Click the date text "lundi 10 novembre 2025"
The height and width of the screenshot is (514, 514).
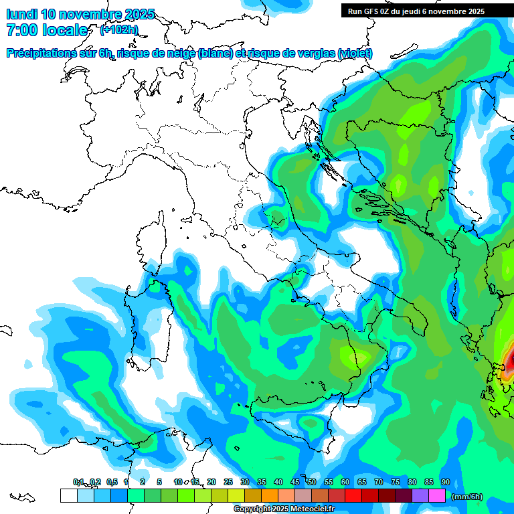tap(80, 14)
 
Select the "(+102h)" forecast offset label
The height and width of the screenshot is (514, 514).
tap(119, 30)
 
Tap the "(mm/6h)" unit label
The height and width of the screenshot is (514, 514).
tap(466, 497)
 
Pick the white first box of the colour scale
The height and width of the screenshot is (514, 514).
tap(68, 495)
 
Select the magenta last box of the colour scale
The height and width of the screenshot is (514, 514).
tap(437, 495)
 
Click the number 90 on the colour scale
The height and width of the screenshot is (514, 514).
tap(446, 483)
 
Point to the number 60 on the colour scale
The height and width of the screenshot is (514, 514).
tap(345, 483)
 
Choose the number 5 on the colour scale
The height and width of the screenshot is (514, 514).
tap(159, 483)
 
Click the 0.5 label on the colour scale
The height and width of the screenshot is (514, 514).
tap(111, 483)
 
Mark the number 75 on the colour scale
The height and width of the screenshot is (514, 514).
tap(396, 483)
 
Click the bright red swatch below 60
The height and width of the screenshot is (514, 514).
tap(353, 495)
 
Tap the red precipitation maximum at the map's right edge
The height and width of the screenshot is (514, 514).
tap(510, 361)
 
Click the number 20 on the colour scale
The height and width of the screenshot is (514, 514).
tap(211, 483)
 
